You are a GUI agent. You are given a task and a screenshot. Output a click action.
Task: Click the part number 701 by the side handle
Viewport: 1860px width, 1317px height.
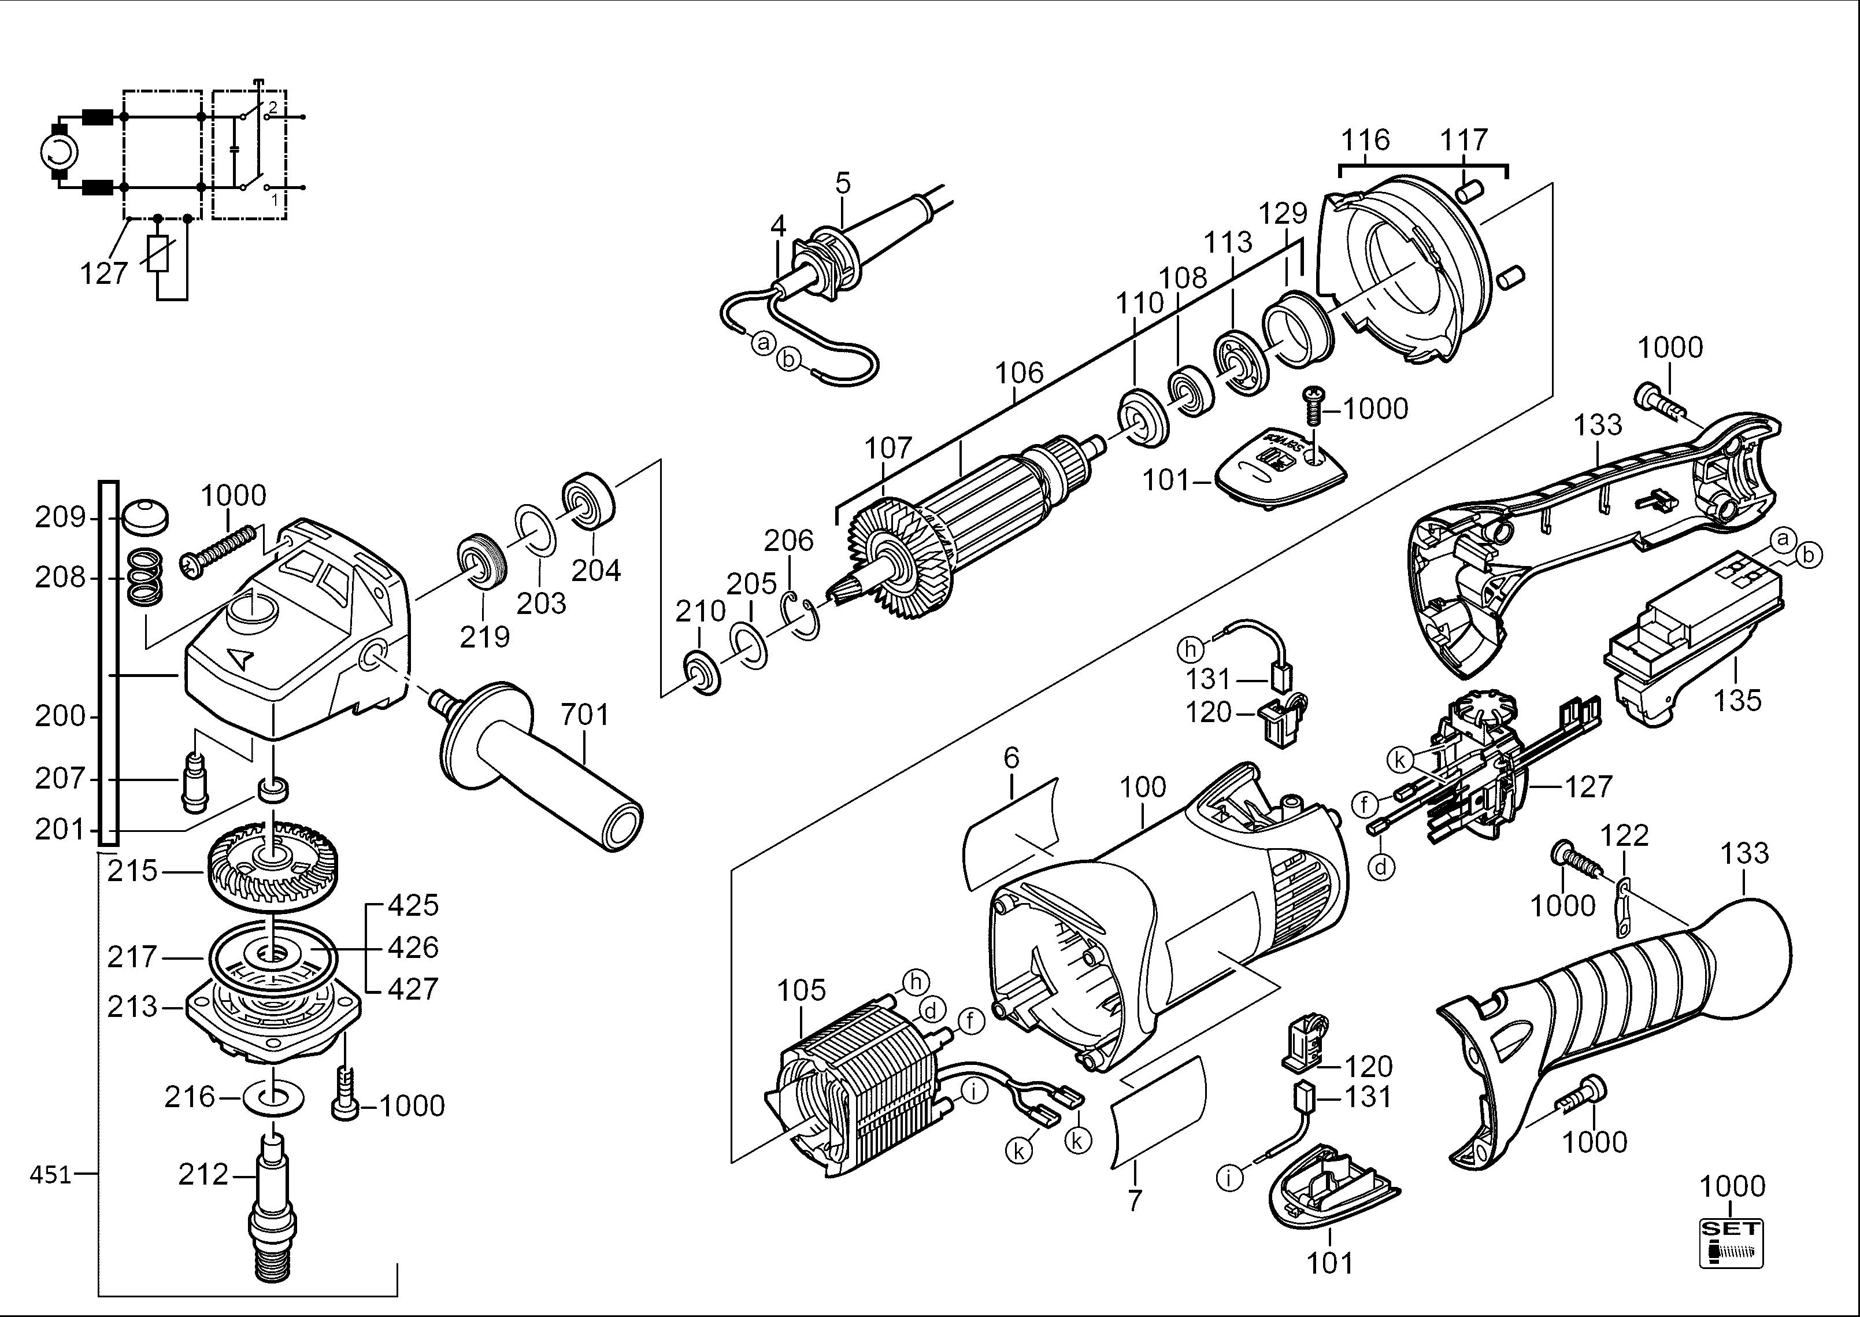click(584, 715)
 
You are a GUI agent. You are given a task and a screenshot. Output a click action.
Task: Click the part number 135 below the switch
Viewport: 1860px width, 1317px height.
click(1737, 699)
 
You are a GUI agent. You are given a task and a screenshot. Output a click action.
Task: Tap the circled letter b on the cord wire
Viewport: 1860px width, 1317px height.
click(788, 359)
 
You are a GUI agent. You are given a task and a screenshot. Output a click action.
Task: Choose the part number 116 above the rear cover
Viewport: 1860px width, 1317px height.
click(1365, 139)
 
